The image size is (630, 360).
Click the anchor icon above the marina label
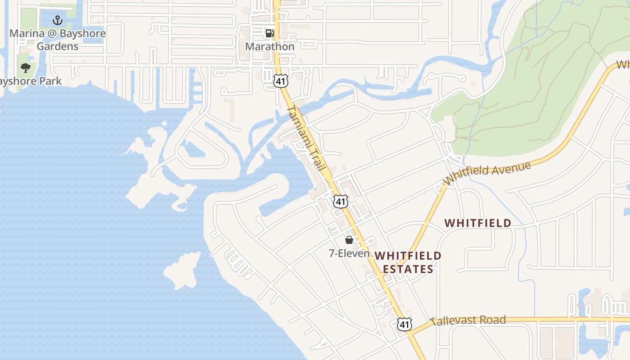pyautogui.click(x=57, y=20)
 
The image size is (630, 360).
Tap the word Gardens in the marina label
pyautogui.click(x=58, y=46)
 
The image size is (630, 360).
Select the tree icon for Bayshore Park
pyautogui.click(x=26, y=68)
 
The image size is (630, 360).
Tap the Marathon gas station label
pyautogui.click(x=270, y=46)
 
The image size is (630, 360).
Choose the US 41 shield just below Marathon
pyautogui.click(x=280, y=81)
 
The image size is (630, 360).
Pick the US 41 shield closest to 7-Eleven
pyautogui.click(x=341, y=201)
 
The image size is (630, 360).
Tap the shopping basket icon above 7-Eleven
pyautogui.click(x=349, y=240)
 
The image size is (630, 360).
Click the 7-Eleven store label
pyautogui.click(x=349, y=253)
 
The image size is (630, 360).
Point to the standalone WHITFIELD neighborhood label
pyautogui.click(x=478, y=223)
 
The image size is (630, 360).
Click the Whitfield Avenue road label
pyautogui.click(x=487, y=173)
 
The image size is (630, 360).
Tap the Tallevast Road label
pyautogui.click(x=468, y=320)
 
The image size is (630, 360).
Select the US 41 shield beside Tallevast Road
pyautogui.click(x=404, y=324)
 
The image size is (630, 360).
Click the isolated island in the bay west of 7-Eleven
pyautogui.click(x=182, y=270)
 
